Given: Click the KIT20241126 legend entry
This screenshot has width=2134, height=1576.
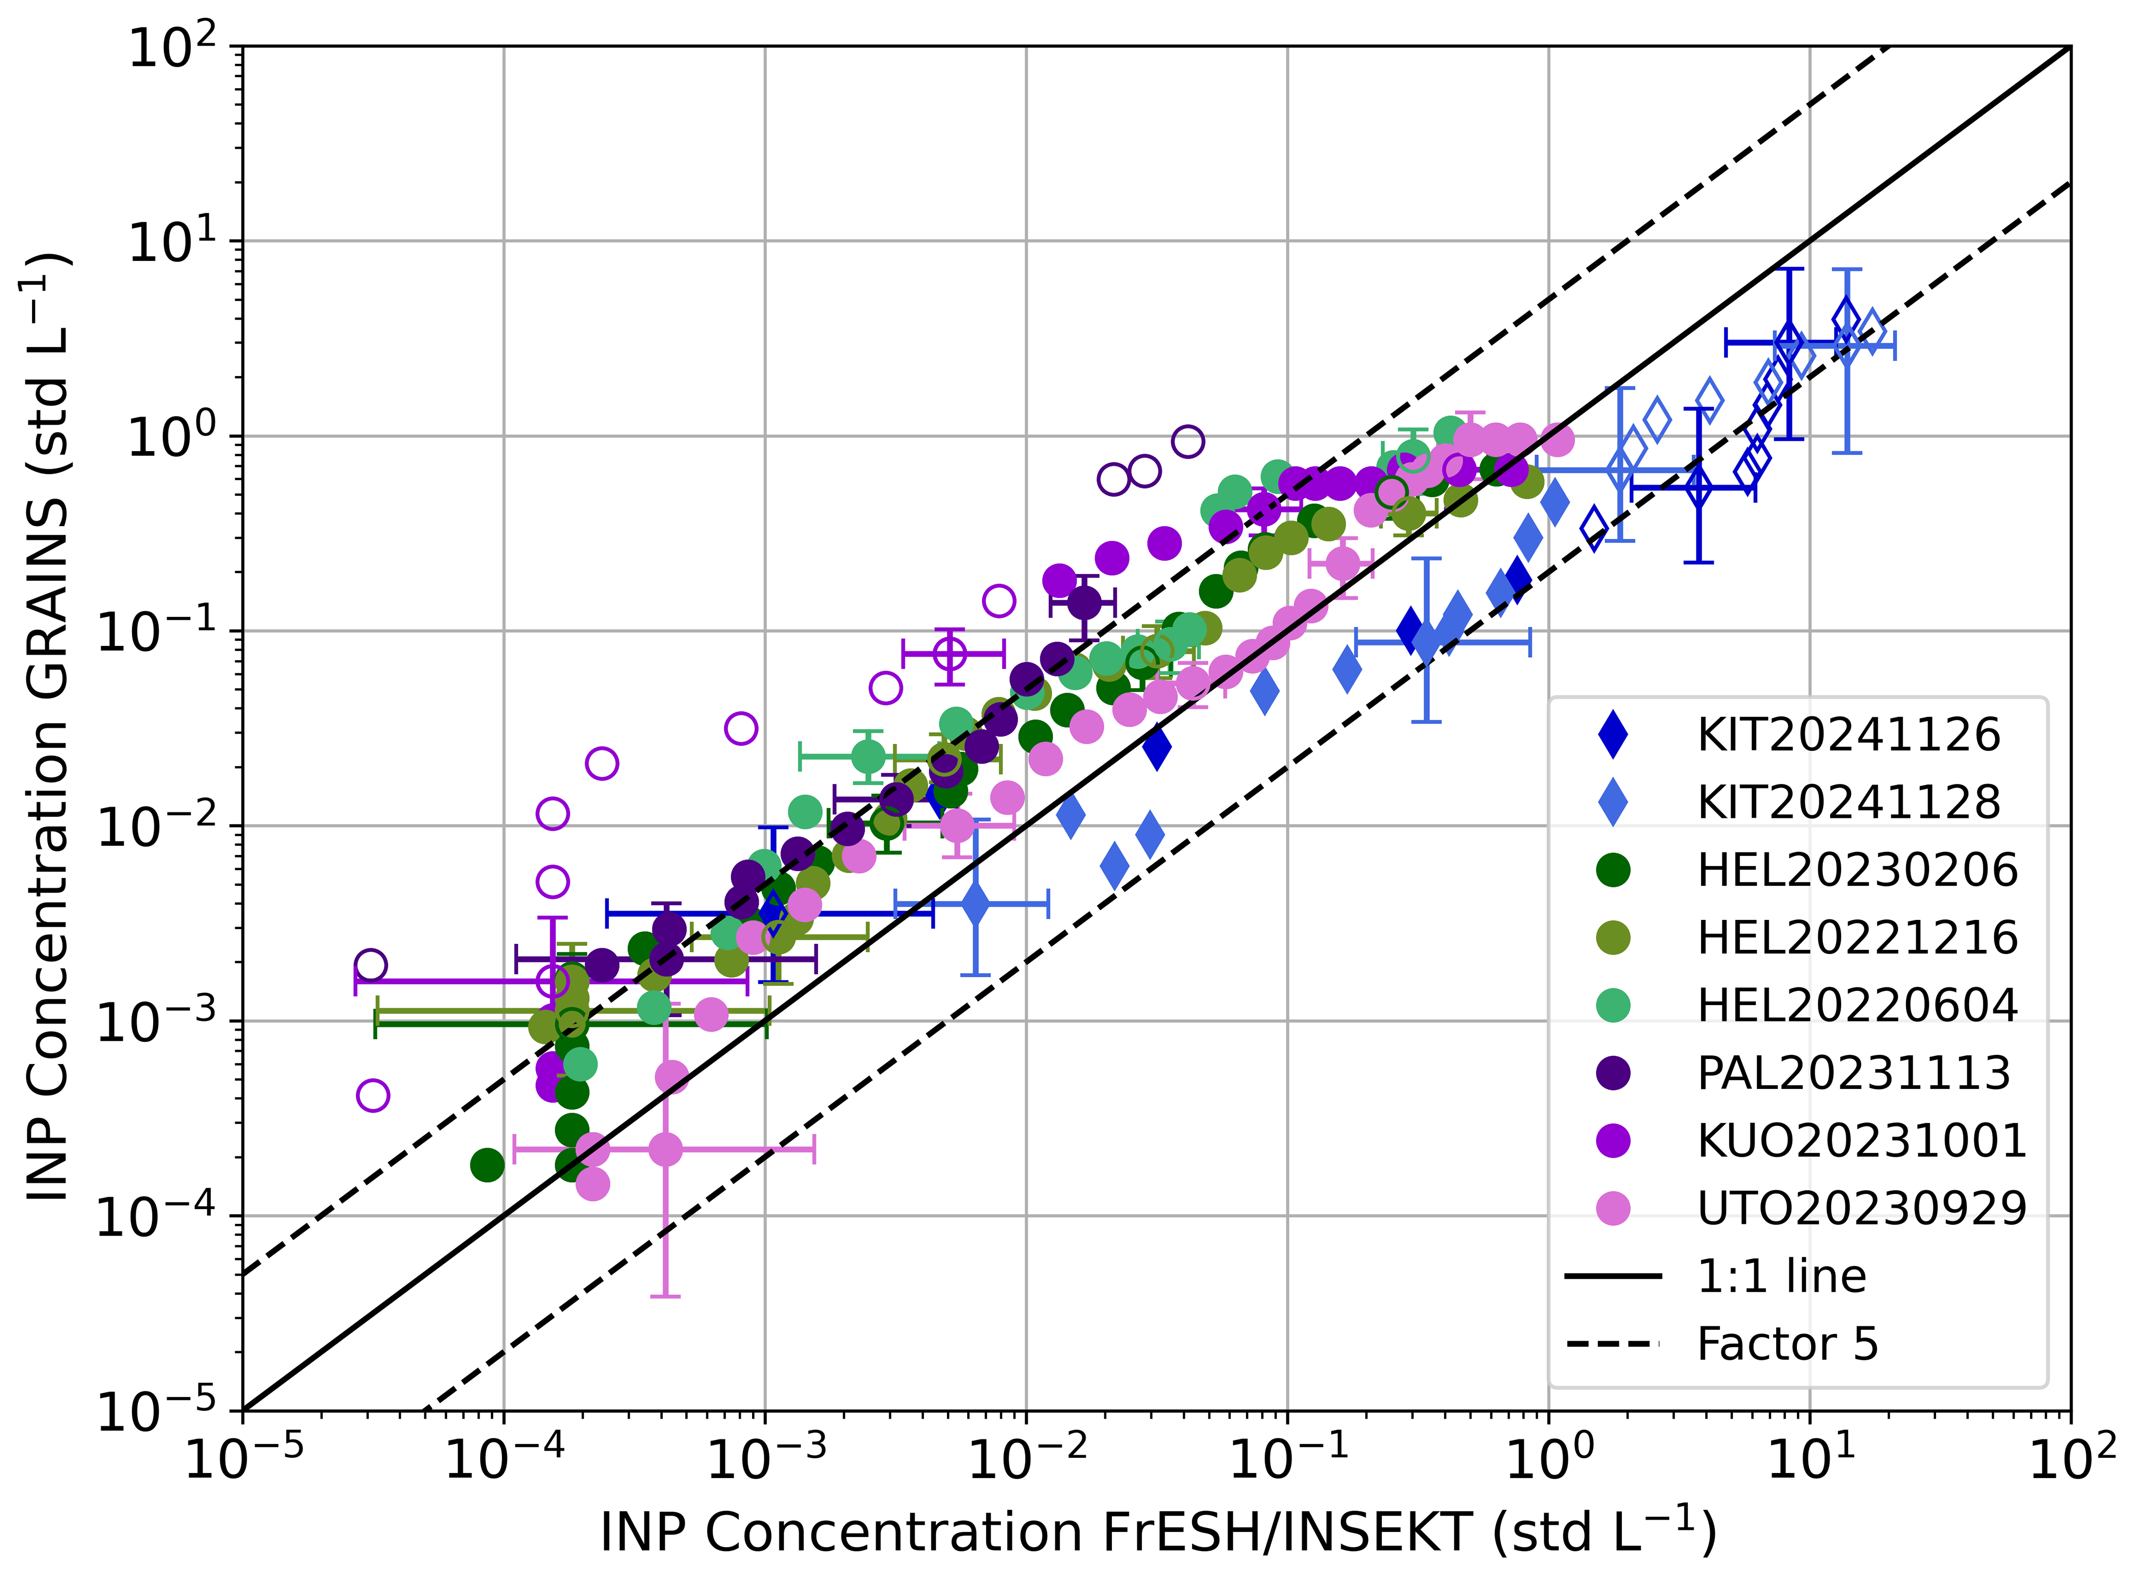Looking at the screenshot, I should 1848,735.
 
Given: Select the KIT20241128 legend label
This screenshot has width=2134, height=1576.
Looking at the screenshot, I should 1848,802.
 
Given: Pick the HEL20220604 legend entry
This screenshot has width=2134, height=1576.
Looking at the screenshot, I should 1856,1006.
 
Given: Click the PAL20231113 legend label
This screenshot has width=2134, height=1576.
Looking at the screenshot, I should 1852,1073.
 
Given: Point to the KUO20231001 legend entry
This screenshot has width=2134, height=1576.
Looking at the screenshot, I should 1861,1141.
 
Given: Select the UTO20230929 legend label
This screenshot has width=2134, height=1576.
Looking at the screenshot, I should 1861,1209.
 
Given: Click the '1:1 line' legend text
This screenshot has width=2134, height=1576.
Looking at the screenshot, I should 1781,1277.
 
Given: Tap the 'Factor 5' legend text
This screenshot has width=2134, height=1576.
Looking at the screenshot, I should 1787,1344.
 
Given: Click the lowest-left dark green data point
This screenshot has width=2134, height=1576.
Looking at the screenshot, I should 488,1165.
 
